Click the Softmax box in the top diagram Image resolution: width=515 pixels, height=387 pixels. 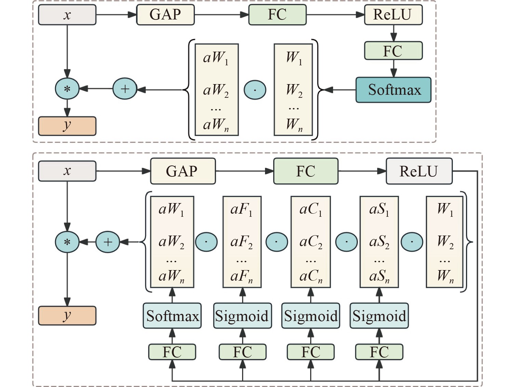pos(393,90)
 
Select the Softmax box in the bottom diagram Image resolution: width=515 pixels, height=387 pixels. pos(172,316)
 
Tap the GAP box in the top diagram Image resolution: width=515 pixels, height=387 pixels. pos(166,15)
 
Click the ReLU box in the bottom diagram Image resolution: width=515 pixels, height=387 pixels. pos(419,171)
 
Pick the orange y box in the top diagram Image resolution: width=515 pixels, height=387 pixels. pos(67,126)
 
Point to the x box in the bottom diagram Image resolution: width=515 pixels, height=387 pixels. pos(67,171)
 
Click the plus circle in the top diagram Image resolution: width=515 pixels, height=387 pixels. pos(125,89)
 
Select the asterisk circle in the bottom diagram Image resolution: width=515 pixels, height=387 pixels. pos(67,242)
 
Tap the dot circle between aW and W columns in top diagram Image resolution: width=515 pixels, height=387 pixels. pos(255,90)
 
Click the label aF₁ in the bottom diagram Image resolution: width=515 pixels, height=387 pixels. pos(241,209)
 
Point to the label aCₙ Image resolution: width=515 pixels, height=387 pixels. pos(311,276)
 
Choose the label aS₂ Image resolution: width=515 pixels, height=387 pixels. pos(379,242)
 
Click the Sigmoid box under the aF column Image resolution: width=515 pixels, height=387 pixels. pos(242,316)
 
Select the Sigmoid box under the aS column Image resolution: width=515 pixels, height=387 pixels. pos(379,316)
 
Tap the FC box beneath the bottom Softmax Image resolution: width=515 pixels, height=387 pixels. pos(172,352)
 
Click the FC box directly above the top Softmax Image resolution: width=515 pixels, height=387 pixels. pos(393,51)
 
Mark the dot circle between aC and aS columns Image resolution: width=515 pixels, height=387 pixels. pos(346,242)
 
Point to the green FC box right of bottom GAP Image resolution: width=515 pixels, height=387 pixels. pos(306,171)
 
